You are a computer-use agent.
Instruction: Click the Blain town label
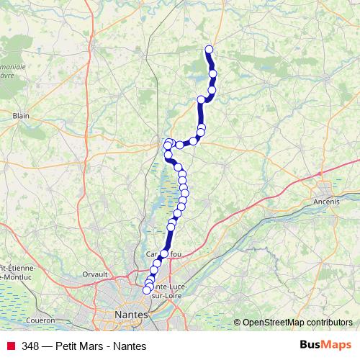click(x=20, y=114)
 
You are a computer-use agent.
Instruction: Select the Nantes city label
click(x=131, y=315)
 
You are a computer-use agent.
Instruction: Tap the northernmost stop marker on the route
click(x=210, y=50)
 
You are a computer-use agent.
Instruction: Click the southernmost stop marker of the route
click(x=147, y=290)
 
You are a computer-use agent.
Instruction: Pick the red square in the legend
click(x=11, y=346)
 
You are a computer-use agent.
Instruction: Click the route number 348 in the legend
click(x=31, y=346)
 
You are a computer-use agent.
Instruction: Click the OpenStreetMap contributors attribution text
click(x=297, y=322)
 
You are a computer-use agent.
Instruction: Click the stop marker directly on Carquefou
click(x=163, y=253)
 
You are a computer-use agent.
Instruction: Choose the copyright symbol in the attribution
click(x=238, y=322)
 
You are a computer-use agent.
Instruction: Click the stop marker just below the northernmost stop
click(x=212, y=63)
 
